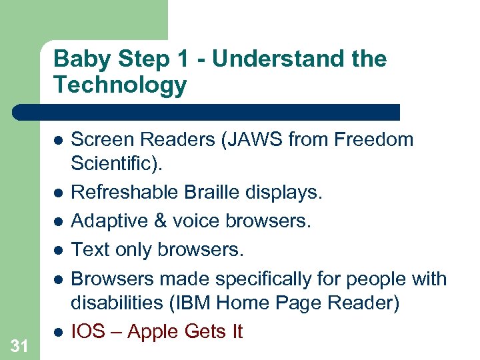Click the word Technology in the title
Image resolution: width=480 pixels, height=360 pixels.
[120, 85]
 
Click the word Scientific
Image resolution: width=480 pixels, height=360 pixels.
[110, 163]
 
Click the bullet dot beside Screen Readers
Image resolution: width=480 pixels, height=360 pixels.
[58, 141]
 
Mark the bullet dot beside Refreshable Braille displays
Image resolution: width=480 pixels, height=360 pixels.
[58, 193]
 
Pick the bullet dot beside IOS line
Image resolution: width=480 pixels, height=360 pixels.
[58, 331]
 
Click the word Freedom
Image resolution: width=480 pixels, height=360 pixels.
[374, 140]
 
